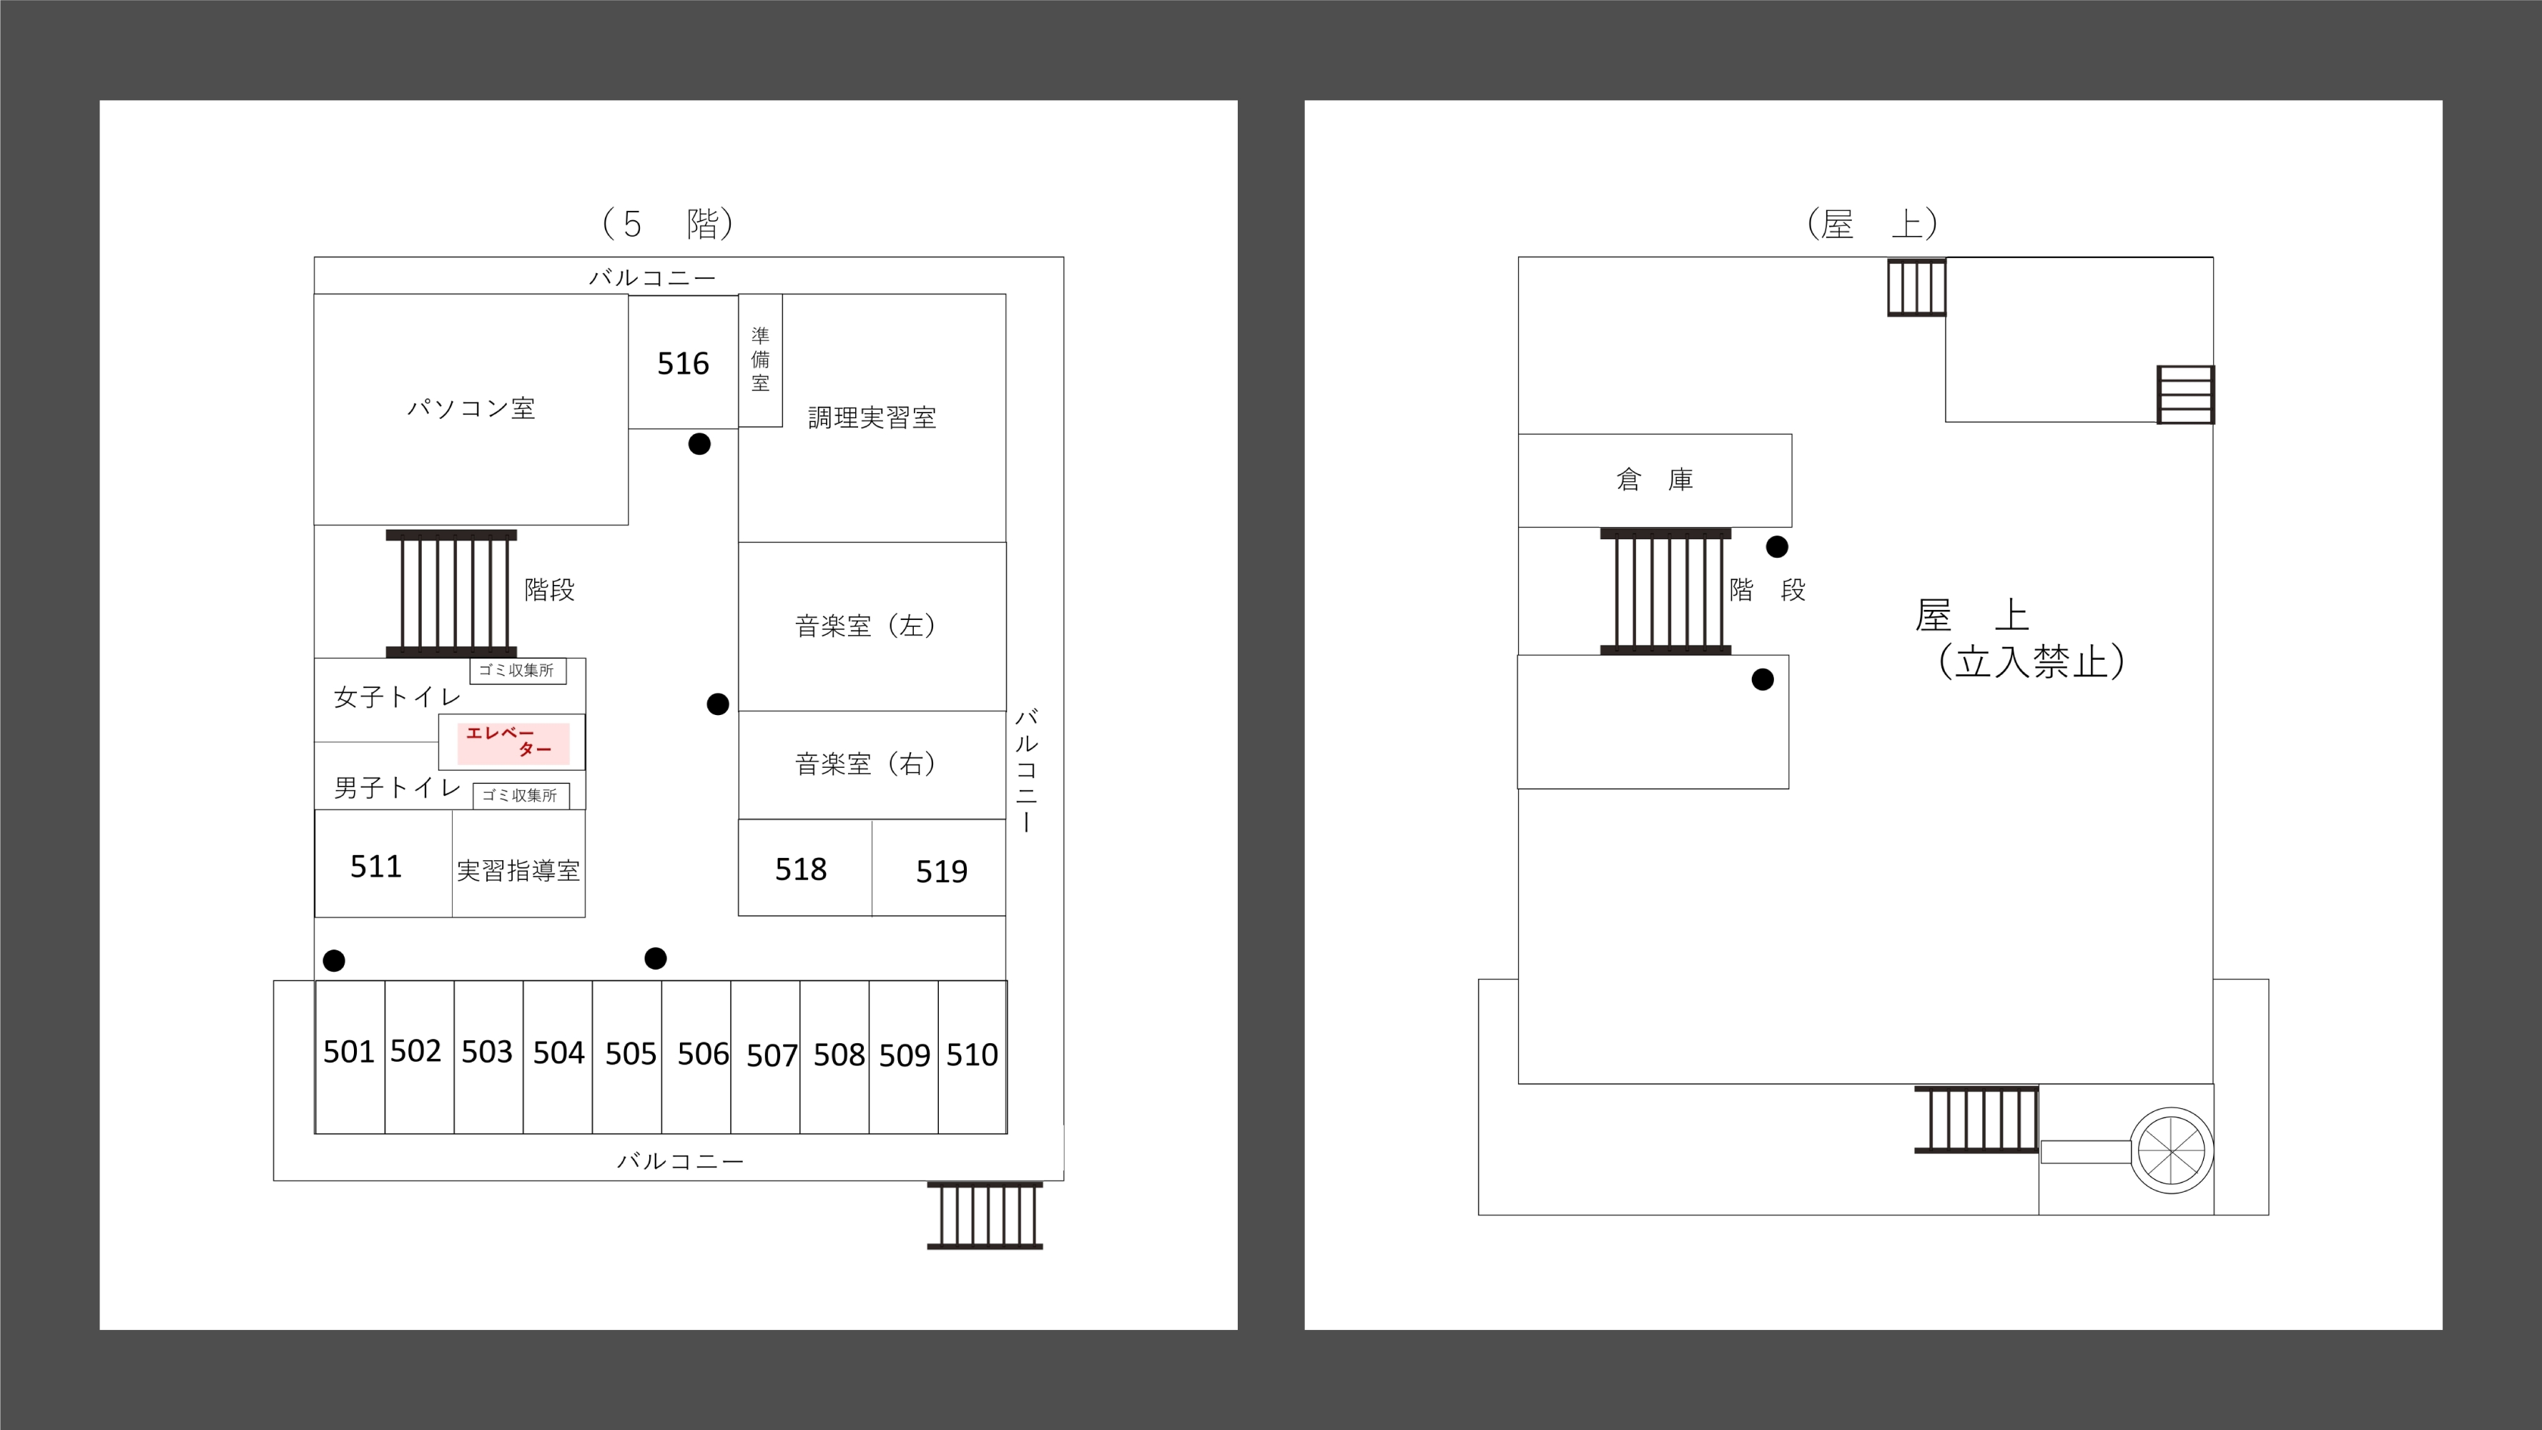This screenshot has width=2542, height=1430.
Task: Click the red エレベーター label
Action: (x=512, y=742)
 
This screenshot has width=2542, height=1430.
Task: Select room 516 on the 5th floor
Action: (x=683, y=363)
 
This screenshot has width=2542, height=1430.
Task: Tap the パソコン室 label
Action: (x=471, y=408)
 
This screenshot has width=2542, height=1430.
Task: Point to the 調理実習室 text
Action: (x=872, y=418)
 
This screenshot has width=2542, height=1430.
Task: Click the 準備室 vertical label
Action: (x=760, y=359)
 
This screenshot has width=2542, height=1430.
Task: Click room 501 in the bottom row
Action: (x=348, y=1052)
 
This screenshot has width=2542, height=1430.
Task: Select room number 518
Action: (x=800, y=869)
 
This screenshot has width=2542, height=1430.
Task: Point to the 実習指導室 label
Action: (x=518, y=870)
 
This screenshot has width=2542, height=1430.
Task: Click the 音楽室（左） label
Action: (x=865, y=626)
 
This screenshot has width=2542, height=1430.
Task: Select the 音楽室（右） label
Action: (x=865, y=764)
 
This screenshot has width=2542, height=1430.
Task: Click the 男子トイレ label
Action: (x=397, y=787)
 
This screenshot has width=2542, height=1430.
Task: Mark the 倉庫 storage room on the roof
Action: (x=1655, y=480)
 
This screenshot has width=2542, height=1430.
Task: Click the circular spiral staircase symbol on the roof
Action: (x=2171, y=1150)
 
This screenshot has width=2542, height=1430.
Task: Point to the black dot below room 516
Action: (x=699, y=444)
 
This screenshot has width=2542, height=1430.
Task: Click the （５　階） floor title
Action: (x=667, y=224)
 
